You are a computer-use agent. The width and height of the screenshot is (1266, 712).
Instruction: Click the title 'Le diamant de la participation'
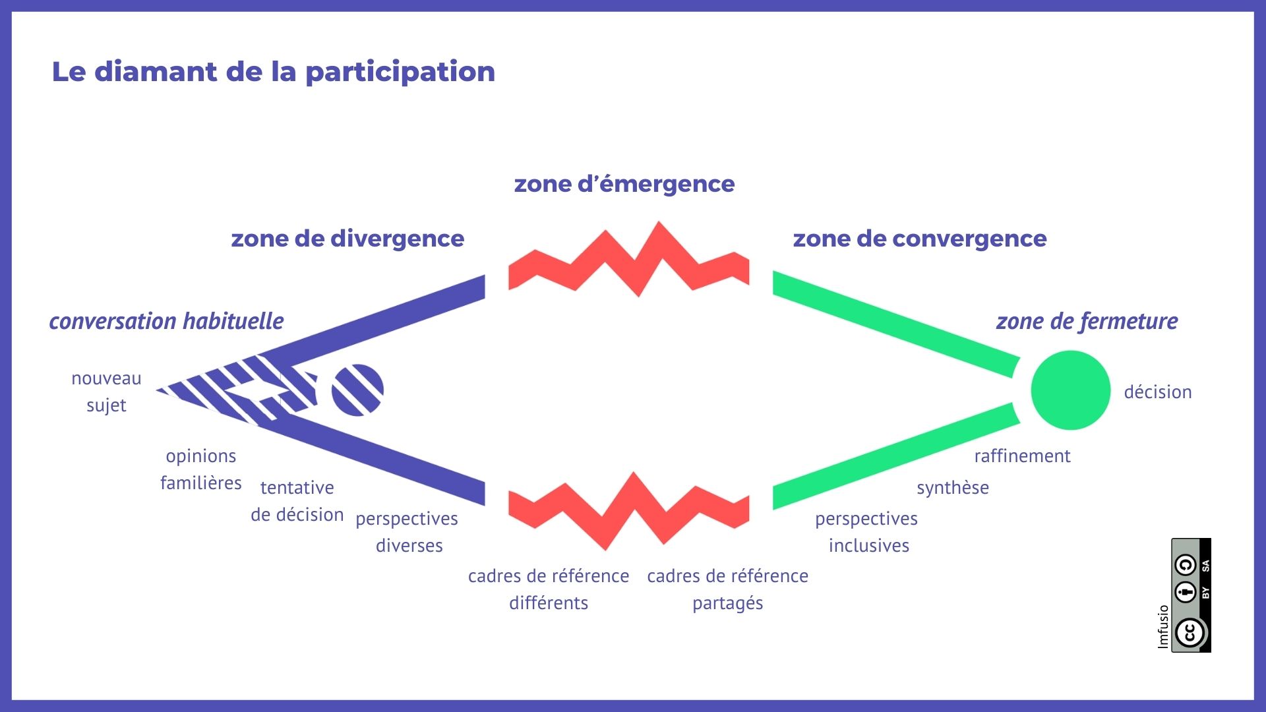point(274,72)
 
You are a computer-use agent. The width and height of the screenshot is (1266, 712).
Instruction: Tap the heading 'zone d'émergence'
point(624,184)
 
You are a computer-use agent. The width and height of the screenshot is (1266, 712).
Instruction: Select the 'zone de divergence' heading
point(347,239)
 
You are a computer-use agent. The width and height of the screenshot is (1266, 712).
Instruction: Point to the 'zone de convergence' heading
point(920,239)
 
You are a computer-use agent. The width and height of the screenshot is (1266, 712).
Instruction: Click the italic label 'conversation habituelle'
point(167,321)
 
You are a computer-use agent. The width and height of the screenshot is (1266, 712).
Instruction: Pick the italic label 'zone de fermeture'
point(1087,321)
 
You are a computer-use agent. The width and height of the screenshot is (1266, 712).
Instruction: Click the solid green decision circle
point(1071,390)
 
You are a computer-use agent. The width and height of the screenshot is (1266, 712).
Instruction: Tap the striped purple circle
point(357,390)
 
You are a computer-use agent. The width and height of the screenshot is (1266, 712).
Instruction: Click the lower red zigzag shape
point(629,511)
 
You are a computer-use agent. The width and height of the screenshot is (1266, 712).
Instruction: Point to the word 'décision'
point(1158,392)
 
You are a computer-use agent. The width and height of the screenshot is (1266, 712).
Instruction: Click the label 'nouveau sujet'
point(106,392)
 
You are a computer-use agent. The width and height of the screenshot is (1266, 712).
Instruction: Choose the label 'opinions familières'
point(201,469)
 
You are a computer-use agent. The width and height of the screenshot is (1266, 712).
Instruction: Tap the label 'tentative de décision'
point(297,501)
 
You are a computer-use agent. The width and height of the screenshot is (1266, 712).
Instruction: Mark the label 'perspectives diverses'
point(407,532)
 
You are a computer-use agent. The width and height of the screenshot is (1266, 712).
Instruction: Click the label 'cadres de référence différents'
point(549,589)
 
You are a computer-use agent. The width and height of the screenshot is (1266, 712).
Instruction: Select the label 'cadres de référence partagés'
point(728,589)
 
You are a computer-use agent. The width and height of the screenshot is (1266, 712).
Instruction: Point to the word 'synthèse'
point(953,488)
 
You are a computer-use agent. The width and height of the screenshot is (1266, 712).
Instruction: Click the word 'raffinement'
point(1023,456)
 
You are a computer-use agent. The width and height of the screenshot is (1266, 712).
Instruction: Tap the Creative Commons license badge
point(1191,595)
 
